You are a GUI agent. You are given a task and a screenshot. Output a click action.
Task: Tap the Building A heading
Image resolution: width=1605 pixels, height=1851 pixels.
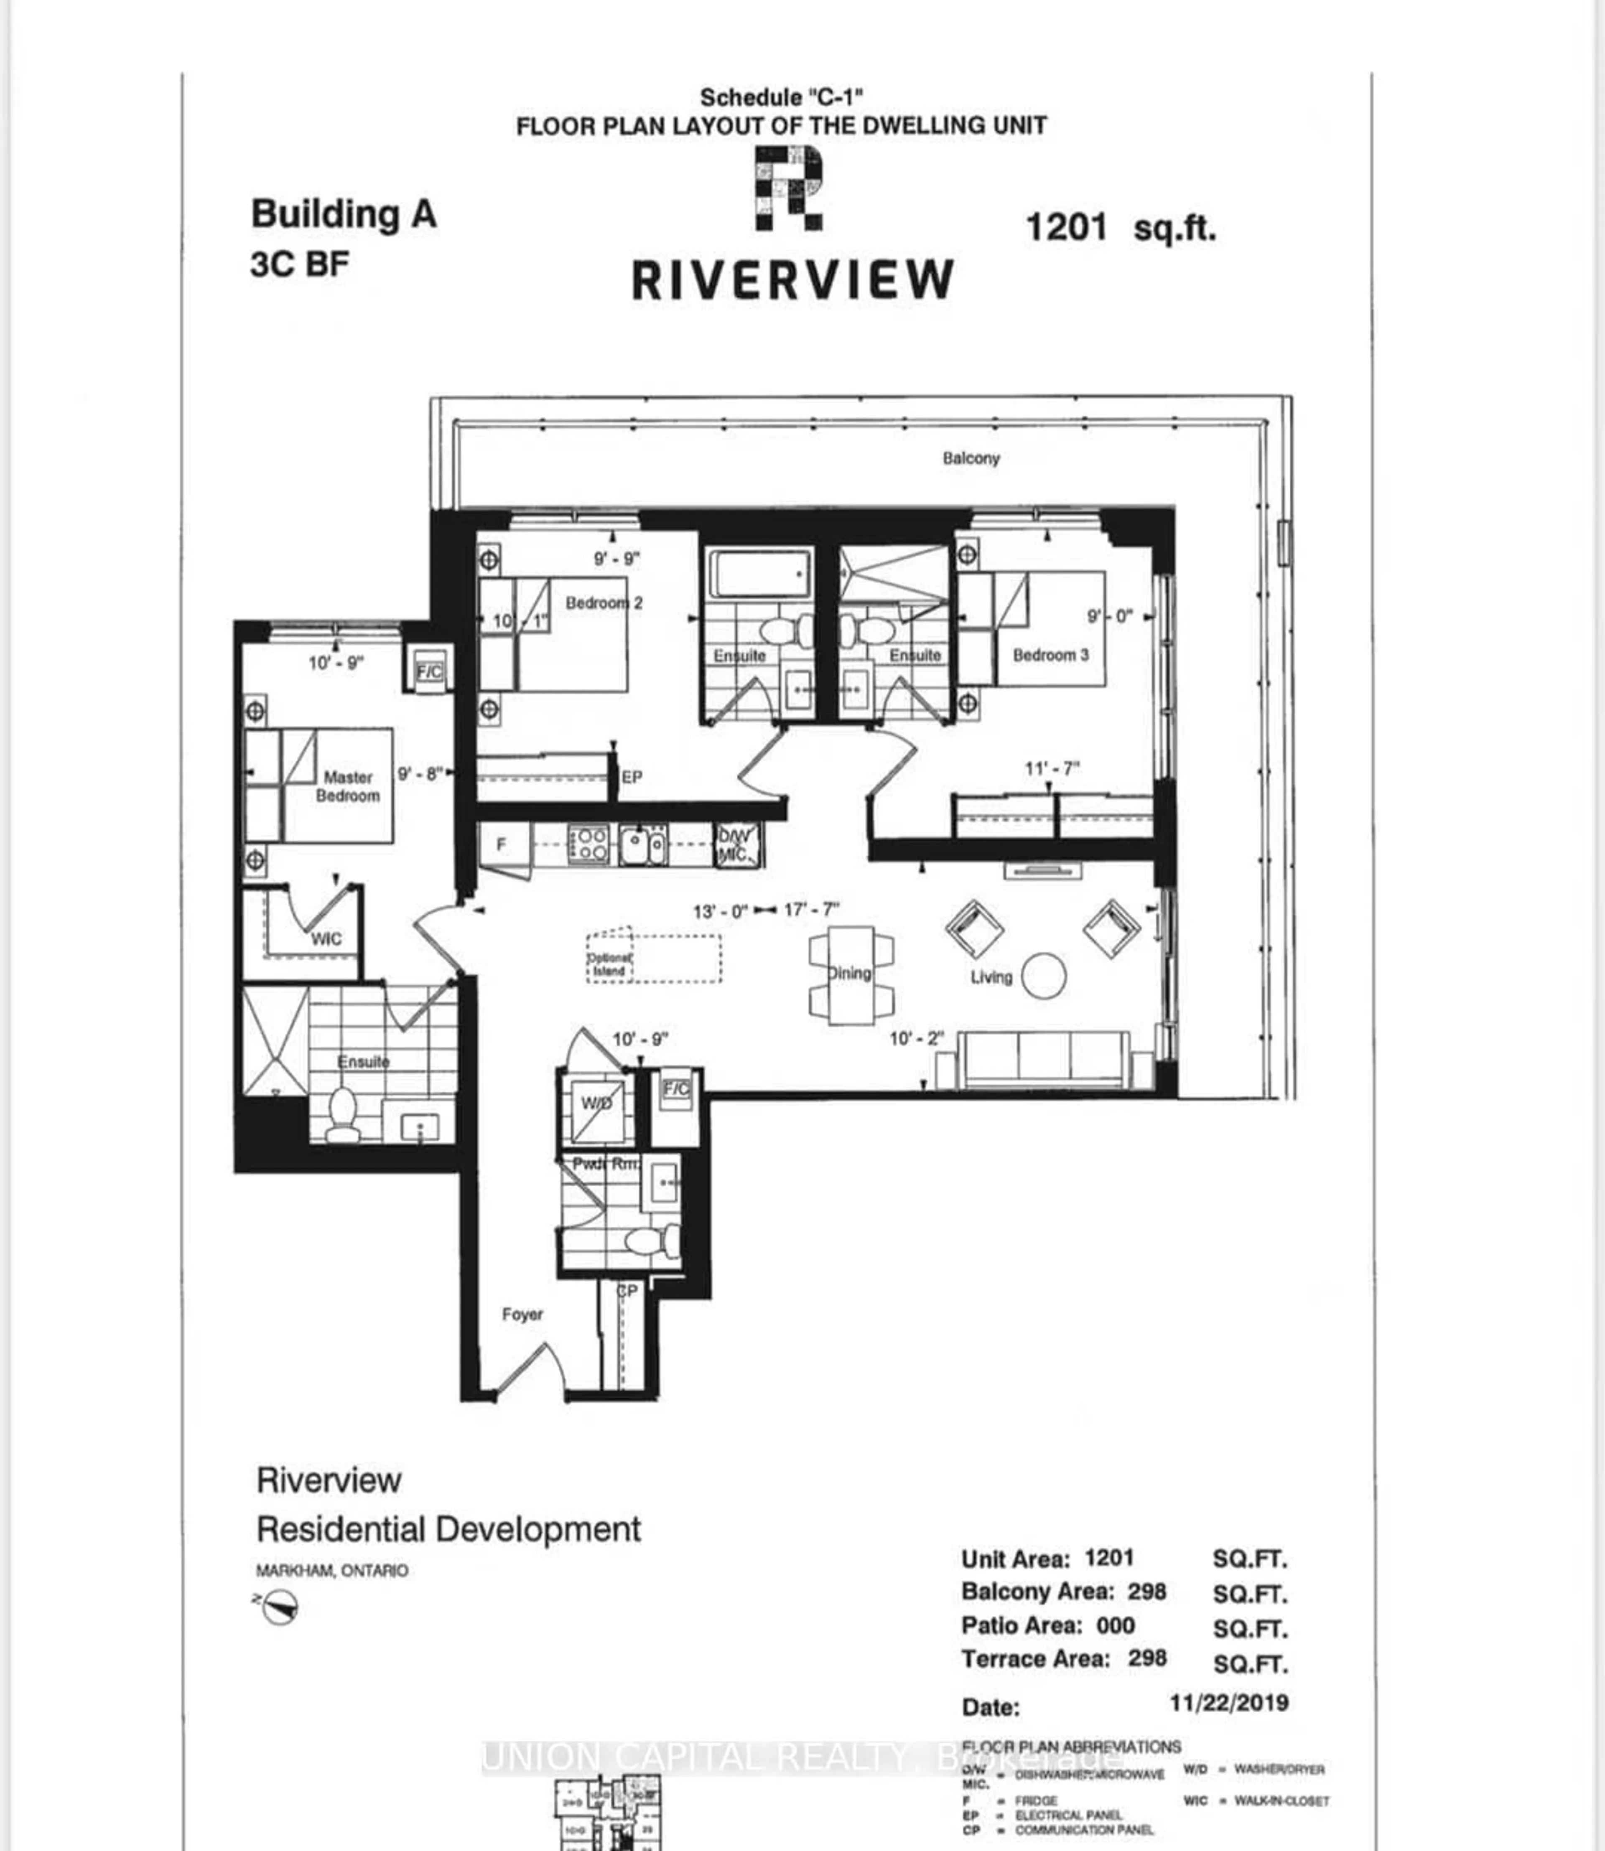pyautogui.click(x=343, y=214)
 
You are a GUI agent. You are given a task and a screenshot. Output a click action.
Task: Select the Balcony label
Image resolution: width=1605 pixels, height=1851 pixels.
pyautogui.click(x=970, y=458)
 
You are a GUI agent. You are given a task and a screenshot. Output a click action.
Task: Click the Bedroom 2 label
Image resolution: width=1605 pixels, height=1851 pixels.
pyautogui.click(x=604, y=603)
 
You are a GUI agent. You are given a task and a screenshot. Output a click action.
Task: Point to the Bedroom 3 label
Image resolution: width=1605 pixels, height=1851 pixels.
pyautogui.click(x=1050, y=655)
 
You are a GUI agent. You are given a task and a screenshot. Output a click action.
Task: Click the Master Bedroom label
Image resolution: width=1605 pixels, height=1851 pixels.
pyautogui.click(x=347, y=786)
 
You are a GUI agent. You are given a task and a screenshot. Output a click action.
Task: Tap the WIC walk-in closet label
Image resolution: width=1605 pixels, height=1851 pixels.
pyautogui.click(x=326, y=938)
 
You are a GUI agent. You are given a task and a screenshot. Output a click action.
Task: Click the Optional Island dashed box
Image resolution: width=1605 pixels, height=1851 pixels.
pyautogui.click(x=654, y=958)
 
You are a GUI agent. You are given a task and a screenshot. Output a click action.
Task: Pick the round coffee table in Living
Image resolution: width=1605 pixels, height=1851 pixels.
pyautogui.click(x=1043, y=975)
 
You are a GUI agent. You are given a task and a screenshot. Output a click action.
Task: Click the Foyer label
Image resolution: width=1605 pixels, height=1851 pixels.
pyautogui.click(x=522, y=1315)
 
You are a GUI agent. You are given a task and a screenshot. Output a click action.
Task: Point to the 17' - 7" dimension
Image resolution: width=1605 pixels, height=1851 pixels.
pyautogui.click(x=811, y=910)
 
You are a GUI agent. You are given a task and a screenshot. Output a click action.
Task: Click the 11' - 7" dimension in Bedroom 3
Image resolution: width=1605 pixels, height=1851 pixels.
pyautogui.click(x=1052, y=768)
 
